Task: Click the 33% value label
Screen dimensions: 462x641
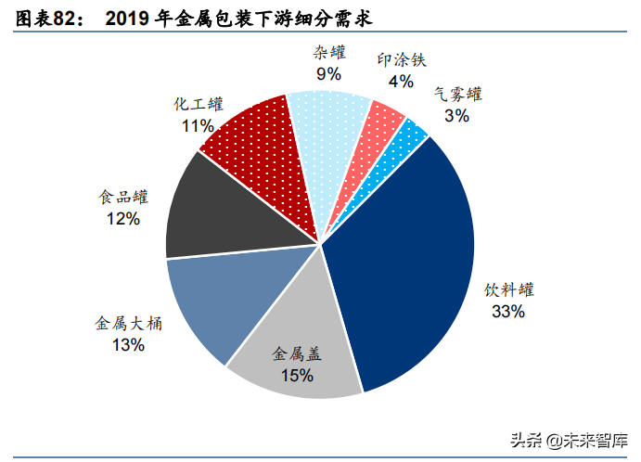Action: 508,312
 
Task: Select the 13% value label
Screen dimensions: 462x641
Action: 128,345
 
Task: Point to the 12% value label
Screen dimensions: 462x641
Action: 122,219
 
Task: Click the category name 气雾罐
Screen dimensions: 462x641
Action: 456,95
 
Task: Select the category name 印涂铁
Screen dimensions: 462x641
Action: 401,60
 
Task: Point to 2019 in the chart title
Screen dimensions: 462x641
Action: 130,18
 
